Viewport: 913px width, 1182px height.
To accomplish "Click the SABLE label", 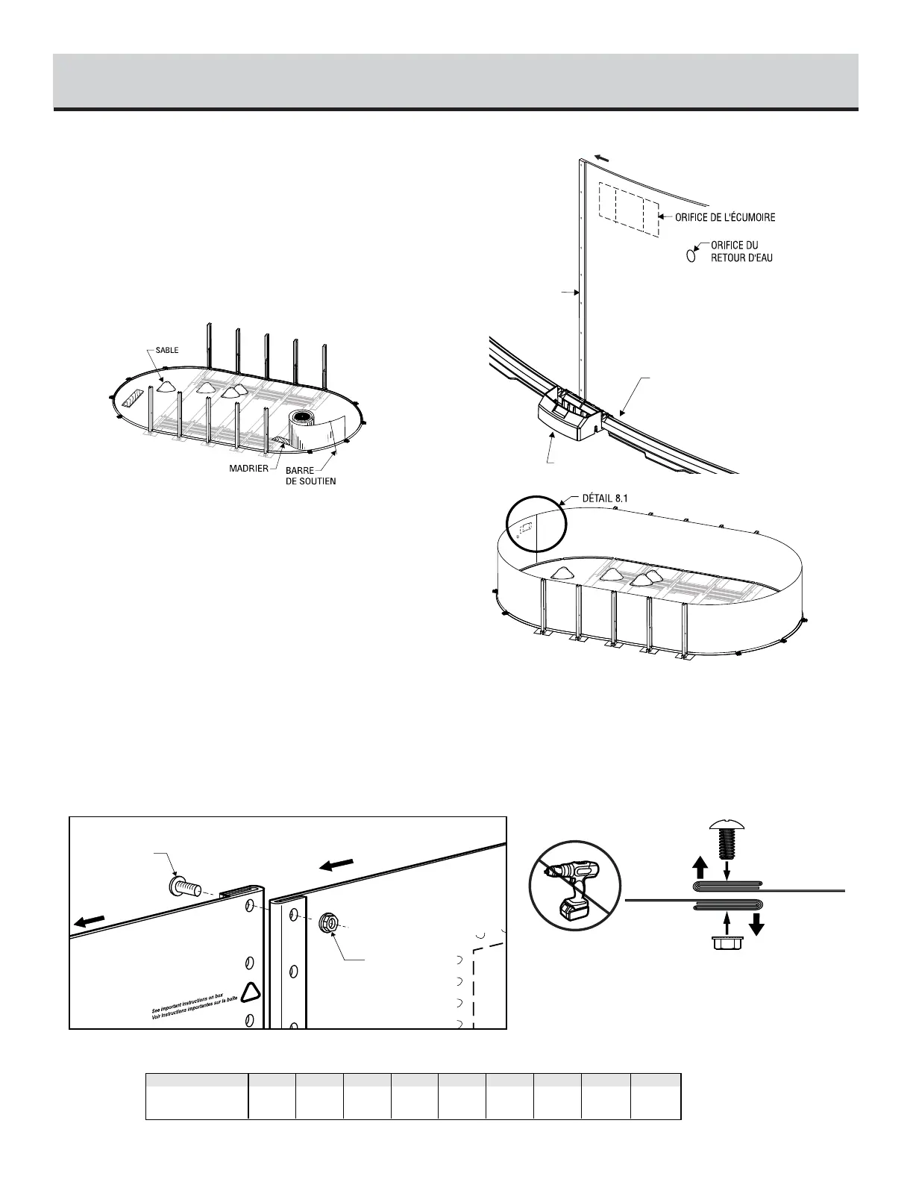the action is (x=167, y=350).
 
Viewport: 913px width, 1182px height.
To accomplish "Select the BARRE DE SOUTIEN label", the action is (x=310, y=476).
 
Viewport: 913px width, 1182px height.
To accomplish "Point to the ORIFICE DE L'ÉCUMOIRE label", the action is (x=725, y=218).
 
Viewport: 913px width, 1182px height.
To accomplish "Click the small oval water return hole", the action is (x=691, y=254).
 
